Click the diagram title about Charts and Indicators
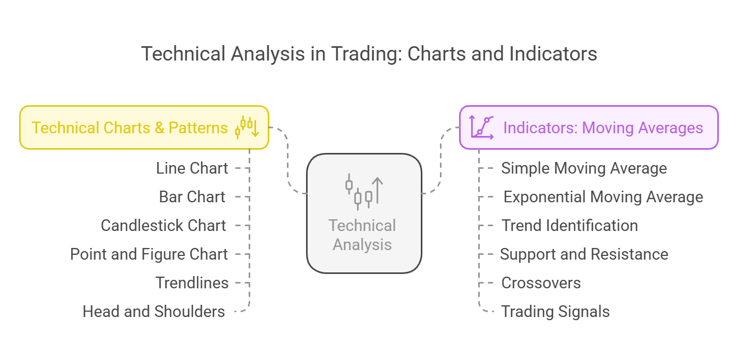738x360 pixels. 369,54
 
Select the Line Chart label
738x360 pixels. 192,168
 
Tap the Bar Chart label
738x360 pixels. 192,197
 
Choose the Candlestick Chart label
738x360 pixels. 164,226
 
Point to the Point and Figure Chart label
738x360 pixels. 149,254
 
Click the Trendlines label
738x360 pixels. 192,283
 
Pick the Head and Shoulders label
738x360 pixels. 154,312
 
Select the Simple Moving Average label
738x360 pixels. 584,169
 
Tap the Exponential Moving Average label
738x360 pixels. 604,198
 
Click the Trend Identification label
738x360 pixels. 570,226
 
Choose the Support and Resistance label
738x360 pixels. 584,255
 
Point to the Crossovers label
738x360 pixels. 541,283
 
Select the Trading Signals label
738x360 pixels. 555,312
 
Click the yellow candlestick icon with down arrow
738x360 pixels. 247,127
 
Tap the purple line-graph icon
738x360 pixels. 481,127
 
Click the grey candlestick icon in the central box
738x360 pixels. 364,192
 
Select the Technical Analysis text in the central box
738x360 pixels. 362,235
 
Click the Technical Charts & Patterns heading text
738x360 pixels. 130,128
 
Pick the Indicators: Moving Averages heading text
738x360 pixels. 603,128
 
